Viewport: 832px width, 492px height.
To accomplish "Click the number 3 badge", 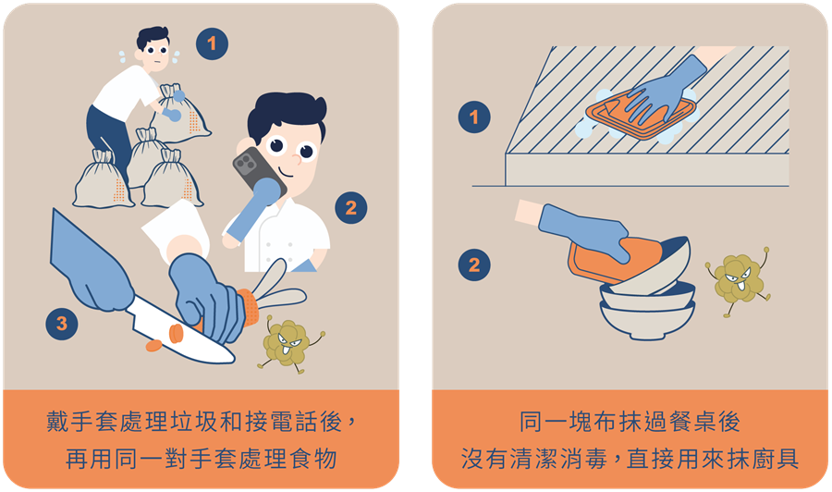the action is [62, 324].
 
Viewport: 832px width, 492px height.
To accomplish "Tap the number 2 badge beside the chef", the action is [350, 207].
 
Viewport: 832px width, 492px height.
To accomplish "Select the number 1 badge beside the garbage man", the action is [212, 43].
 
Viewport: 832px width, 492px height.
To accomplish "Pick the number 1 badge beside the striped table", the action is [474, 117].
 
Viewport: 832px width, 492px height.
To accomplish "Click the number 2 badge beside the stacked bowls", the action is [474, 264].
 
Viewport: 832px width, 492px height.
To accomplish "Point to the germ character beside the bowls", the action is [738, 278].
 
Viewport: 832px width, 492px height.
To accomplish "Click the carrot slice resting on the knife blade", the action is [177, 333].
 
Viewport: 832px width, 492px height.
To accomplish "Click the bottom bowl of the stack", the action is [647, 321].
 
